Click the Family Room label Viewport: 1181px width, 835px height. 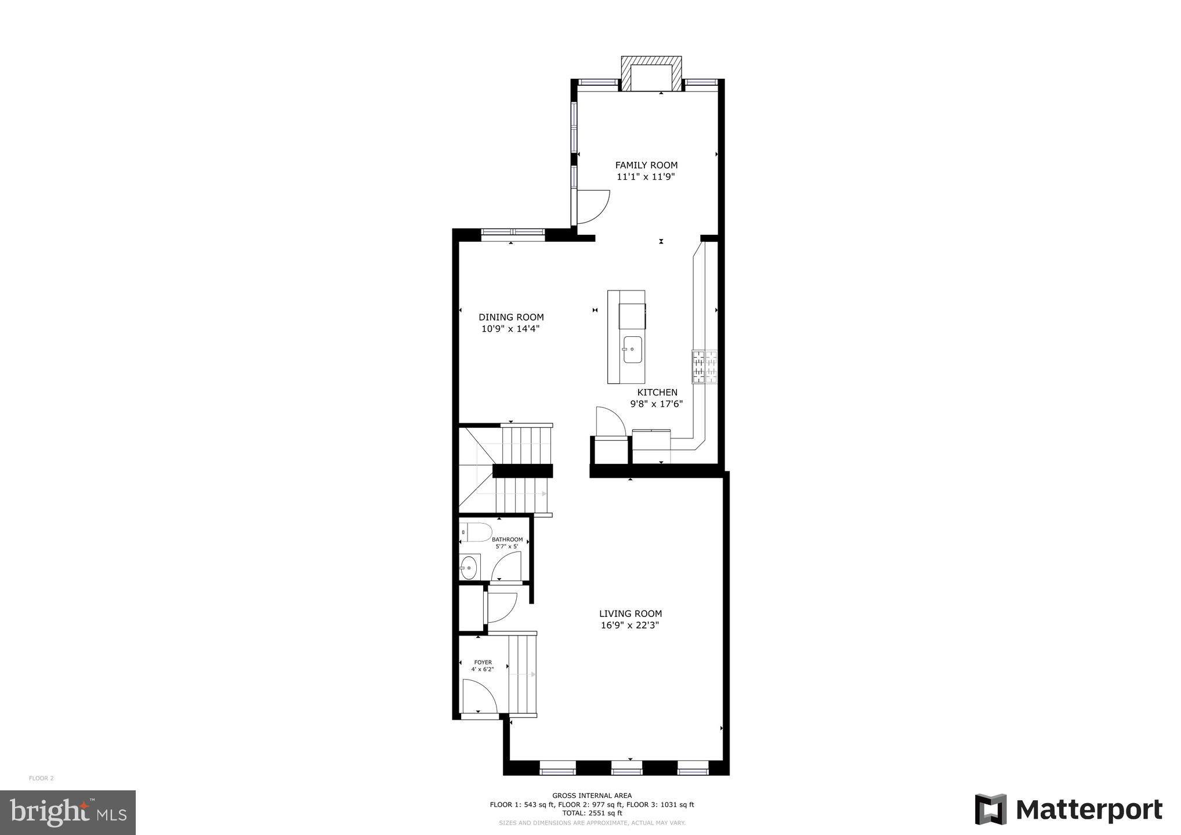point(646,165)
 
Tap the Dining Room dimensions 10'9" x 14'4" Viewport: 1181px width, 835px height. point(511,329)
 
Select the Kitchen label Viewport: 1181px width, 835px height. point(657,393)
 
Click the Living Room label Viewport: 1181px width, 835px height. point(631,613)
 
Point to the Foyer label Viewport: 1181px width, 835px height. point(483,662)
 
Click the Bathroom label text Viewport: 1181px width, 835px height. point(507,540)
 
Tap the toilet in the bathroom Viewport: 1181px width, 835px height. point(476,532)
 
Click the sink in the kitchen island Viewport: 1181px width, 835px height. point(632,350)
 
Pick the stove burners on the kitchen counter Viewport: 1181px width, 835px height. point(704,366)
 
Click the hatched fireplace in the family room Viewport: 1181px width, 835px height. point(651,74)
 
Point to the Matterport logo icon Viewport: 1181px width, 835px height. point(991,809)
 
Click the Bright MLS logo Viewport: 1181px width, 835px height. point(68,812)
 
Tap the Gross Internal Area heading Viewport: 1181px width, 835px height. point(592,796)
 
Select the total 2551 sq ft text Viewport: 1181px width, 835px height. point(592,813)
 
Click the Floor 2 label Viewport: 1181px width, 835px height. point(41,778)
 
